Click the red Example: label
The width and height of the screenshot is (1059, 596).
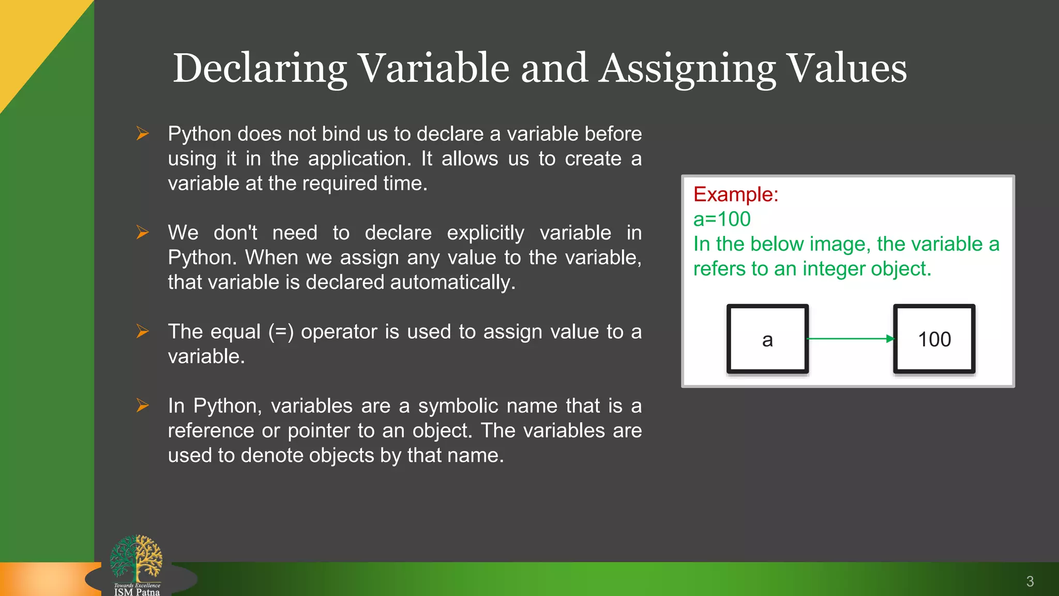[736, 195]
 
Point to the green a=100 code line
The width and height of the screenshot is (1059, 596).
[722, 219]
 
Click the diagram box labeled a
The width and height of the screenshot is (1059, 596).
[767, 339]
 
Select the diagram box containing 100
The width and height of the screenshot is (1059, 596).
[934, 339]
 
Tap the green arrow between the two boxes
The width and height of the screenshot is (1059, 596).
[851, 339]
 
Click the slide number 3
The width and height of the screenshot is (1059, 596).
[1030, 582]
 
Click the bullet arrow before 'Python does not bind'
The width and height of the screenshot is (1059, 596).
[143, 133]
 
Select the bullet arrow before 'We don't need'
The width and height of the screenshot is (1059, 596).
[143, 232]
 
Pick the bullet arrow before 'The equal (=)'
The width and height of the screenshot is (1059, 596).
[143, 331]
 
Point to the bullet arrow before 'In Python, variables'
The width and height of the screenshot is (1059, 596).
[143, 406]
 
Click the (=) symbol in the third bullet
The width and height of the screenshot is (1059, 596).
[281, 332]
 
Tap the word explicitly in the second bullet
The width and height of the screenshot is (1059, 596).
[486, 233]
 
